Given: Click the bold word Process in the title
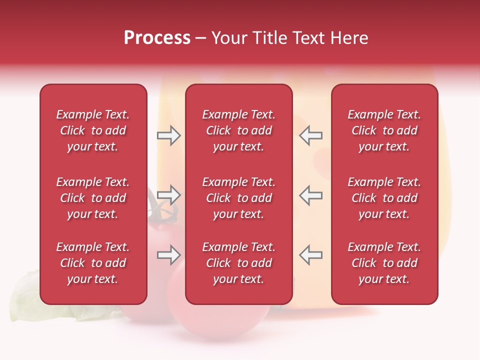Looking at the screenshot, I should (x=157, y=38).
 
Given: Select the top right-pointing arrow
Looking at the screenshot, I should (x=168, y=135).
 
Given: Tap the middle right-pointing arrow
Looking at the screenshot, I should (x=168, y=195).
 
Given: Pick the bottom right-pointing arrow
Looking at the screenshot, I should (x=168, y=255).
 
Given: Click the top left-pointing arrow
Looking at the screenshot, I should (x=311, y=135).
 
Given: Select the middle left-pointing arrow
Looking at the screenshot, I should (x=311, y=195).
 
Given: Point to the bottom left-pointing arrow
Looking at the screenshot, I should (x=311, y=255).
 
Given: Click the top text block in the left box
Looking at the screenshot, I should (x=93, y=130).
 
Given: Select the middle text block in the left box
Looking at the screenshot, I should (x=93, y=198).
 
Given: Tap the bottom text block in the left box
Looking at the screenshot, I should (x=93, y=263).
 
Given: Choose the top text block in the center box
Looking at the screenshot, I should (x=239, y=130).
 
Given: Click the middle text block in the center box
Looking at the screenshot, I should (x=239, y=198).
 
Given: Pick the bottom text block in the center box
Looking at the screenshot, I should (x=239, y=263).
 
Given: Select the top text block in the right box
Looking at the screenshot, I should (x=384, y=130).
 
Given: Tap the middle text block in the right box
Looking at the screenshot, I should (x=384, y=198).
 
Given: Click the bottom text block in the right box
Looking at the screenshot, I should (x=384, y=263).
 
